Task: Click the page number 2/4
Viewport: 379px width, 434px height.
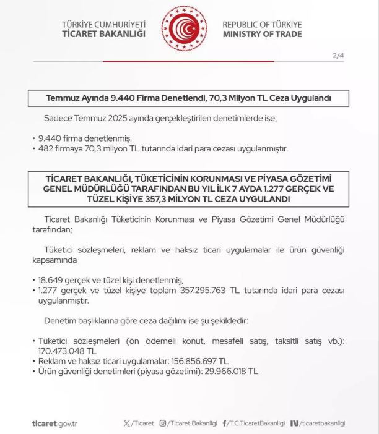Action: (x=338, y=56)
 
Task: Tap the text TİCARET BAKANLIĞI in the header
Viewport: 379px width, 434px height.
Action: (x=103, y=34)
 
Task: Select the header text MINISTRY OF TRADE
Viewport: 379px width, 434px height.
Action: (x=262, y=34)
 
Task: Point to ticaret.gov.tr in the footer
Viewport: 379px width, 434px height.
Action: (x=54, y=423)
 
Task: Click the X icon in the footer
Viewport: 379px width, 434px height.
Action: (x=127, y=423)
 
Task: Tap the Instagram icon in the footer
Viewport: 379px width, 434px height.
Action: (x=163, y=423)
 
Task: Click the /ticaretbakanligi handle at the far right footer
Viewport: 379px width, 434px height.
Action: (x=323, y=423)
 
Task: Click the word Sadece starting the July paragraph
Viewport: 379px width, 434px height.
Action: (x=57, y=117)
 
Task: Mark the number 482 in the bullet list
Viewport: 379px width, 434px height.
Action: (x=44, y=149)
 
